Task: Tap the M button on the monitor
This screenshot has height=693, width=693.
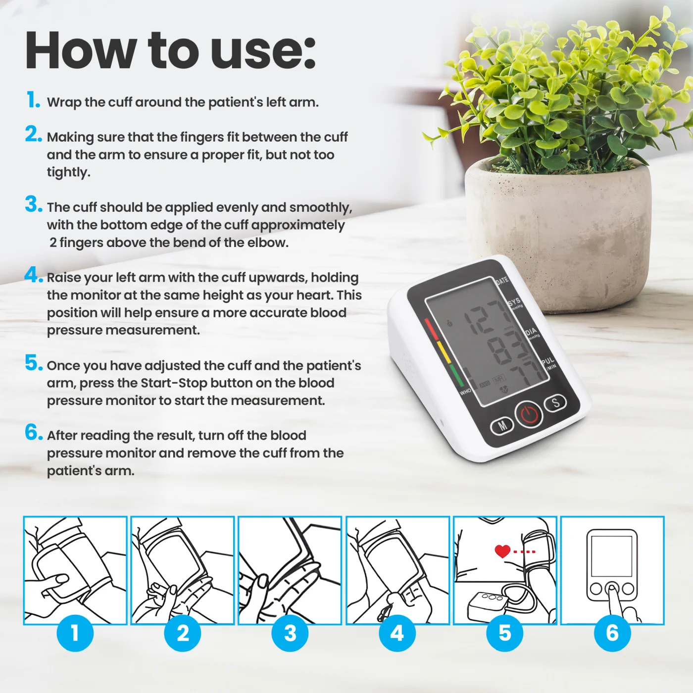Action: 502,426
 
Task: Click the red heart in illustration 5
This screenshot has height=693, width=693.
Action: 502,551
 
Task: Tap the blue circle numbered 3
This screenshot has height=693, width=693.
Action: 290,633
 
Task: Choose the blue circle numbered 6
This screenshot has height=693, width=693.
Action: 612,633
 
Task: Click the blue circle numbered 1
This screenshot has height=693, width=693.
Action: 75,633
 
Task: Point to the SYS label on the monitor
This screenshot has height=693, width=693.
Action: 515,301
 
